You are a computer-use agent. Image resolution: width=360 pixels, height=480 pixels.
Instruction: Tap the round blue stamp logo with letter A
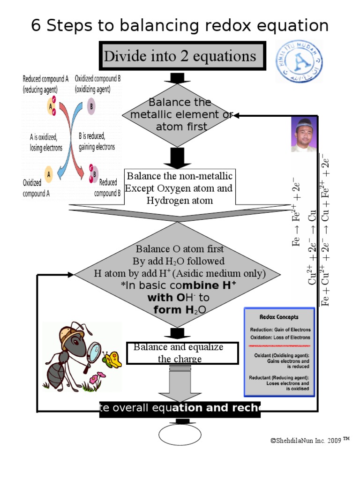click(x=299, y=61)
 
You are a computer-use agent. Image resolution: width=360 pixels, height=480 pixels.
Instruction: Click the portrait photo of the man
click(x=303, y=134)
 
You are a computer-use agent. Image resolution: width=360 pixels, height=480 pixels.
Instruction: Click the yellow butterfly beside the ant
click(x=112, y=360)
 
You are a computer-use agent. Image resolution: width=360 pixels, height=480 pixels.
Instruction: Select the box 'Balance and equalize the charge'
click(x=182, y=353)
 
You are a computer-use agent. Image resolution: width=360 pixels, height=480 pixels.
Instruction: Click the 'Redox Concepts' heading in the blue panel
click(x=279, y=317)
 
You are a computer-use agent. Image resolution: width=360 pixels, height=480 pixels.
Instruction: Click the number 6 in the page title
click(x=36, y=26)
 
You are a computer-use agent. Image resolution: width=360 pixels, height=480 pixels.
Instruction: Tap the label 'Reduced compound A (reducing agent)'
click(x=45, y=83)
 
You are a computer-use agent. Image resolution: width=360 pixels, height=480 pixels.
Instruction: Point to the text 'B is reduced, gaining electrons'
click(x=97, y=141)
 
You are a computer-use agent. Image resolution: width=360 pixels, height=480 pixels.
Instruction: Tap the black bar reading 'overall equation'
click(x=180, y=408)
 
